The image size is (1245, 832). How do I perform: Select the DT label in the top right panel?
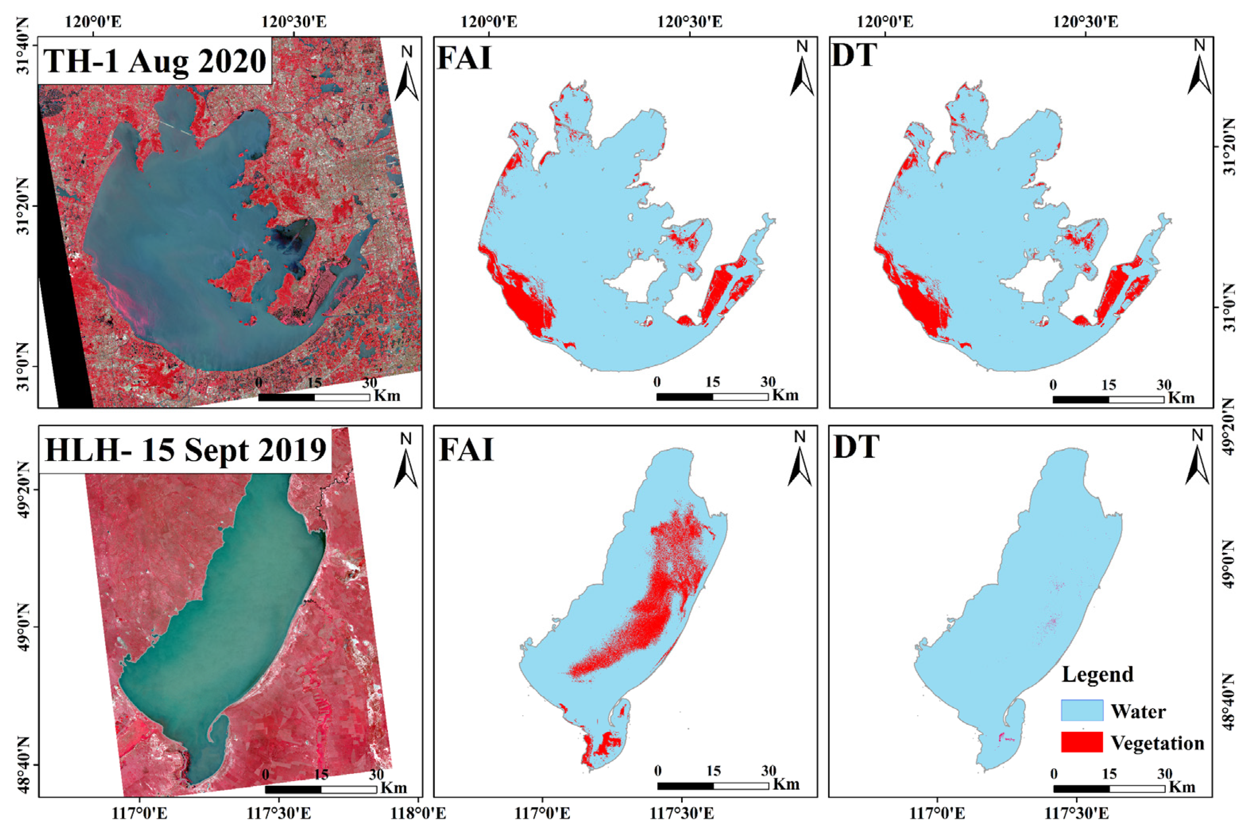[854, 55]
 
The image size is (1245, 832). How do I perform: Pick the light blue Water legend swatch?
[1082, 710]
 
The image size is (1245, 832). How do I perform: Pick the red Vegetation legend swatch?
[1082, 742]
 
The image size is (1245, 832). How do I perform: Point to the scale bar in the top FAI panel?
[712, 397]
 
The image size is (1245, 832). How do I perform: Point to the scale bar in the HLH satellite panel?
[321, 790]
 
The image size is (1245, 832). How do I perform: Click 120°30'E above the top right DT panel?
[1086, 22]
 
